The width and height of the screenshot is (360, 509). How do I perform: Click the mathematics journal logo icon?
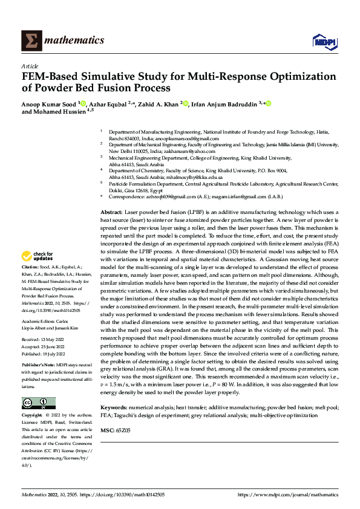click(30, 40)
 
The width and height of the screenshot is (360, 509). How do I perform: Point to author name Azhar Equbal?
click(106, 104)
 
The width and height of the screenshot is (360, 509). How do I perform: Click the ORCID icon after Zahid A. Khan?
click(186, 104)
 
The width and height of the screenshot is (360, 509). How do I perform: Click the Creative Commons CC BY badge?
click(38, 403)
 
